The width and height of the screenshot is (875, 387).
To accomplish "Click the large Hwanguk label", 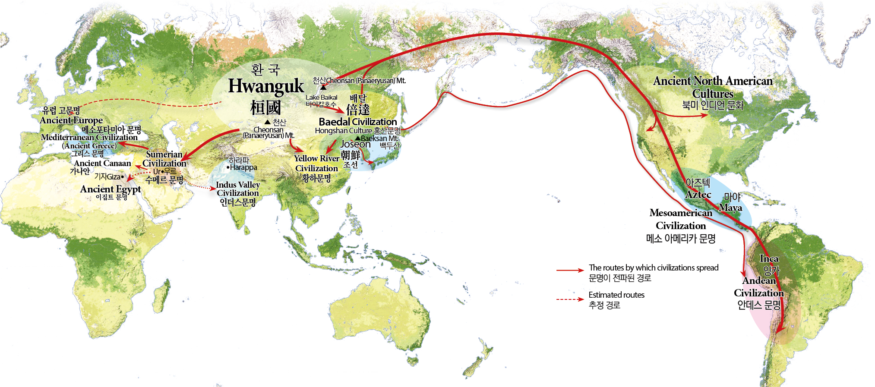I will (x=266, y=86).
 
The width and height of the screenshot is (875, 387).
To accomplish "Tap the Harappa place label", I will (x=243, y=167).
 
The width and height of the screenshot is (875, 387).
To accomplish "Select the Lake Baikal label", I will (x=322, y=98).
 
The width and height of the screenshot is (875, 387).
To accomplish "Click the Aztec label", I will (x=698, y=195).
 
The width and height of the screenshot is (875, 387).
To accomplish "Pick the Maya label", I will (x=730, y=208).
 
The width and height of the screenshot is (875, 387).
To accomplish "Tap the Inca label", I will (x=769, y=258).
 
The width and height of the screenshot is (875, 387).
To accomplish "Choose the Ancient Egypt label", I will (x=111, y=189).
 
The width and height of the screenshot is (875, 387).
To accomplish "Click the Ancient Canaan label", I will (x=102, y=163).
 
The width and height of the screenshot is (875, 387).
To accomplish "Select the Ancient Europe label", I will (x=71, y=120).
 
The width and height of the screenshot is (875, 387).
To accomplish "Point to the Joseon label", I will (x=355, y=144).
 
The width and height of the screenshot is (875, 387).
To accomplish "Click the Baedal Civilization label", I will (x=358, y=122).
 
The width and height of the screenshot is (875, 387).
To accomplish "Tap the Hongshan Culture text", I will (x=344, y=131).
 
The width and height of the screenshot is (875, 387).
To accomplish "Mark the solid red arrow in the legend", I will (x=570, y=270).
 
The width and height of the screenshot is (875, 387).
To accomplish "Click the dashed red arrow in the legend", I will (x=570, y=299).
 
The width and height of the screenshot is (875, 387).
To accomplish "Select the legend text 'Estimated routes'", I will (x=616, y=295).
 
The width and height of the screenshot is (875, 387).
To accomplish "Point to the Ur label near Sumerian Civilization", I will (x=157, y=171).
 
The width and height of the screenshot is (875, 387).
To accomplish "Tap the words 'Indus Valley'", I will (x=238, y=185).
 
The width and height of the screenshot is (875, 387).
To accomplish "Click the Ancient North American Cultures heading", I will (x=713, y=87).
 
